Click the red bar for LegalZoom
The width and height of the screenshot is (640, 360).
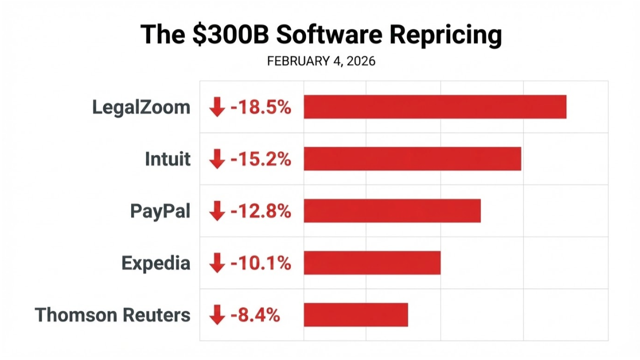tap(435, 107)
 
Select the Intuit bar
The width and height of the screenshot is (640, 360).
tap(412, 159)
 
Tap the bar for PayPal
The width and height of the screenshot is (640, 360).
tap(392, 211)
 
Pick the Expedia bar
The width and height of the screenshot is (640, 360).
tap(372, 262)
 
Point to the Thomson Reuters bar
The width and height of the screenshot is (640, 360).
tap(356, 315)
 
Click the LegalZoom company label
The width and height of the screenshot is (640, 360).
tap(141, 108)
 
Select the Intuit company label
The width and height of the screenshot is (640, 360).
tap(168, 159)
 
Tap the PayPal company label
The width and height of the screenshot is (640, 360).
tap(160, 211)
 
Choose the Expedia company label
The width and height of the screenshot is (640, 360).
tap(156, 262)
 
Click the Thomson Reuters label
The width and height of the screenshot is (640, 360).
tap(112, 315)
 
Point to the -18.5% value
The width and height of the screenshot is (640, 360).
tap(260, 108)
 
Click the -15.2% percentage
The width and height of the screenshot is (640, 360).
tap(260, 159)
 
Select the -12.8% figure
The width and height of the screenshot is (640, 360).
tap(260, 211)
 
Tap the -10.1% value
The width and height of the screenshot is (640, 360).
tap(260, 262)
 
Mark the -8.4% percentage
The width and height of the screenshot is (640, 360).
tap(255, 315)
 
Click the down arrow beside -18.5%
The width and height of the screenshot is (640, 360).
tap(216, 108)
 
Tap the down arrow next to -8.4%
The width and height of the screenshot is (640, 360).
tap(216, 315)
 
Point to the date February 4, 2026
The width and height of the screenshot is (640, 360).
tap(321, 61)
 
